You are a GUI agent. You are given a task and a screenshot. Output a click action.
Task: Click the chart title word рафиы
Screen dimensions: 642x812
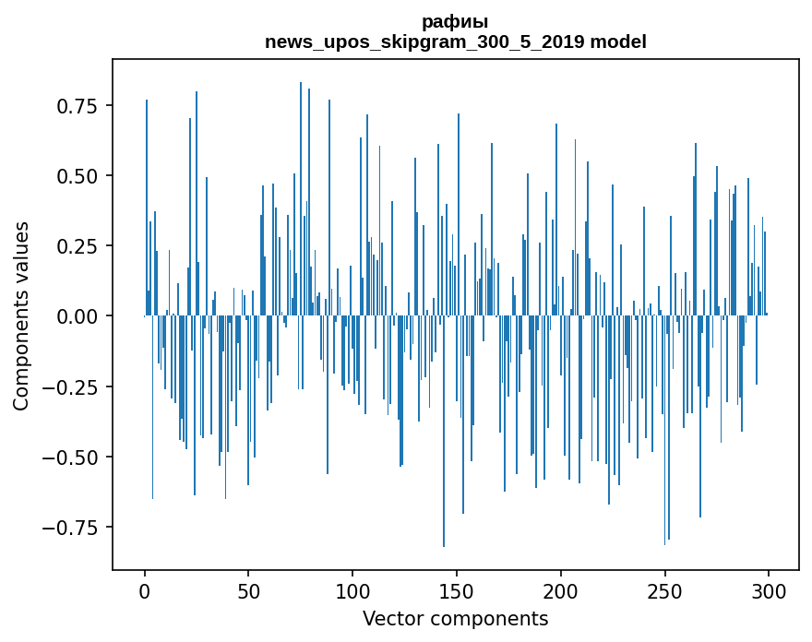[455, 22]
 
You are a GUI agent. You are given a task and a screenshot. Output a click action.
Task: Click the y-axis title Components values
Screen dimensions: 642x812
[21, 315]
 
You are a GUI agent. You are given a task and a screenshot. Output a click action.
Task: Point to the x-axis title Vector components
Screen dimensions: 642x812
[455, 619]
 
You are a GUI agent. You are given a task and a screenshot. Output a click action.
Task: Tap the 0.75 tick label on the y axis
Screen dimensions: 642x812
[78, 106]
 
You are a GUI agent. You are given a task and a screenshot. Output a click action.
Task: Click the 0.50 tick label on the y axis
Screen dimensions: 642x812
[78, 176]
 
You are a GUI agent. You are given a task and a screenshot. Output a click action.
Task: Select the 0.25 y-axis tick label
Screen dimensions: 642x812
[78, 246]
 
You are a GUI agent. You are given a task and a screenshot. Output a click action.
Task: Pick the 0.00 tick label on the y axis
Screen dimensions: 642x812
[78, 316]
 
